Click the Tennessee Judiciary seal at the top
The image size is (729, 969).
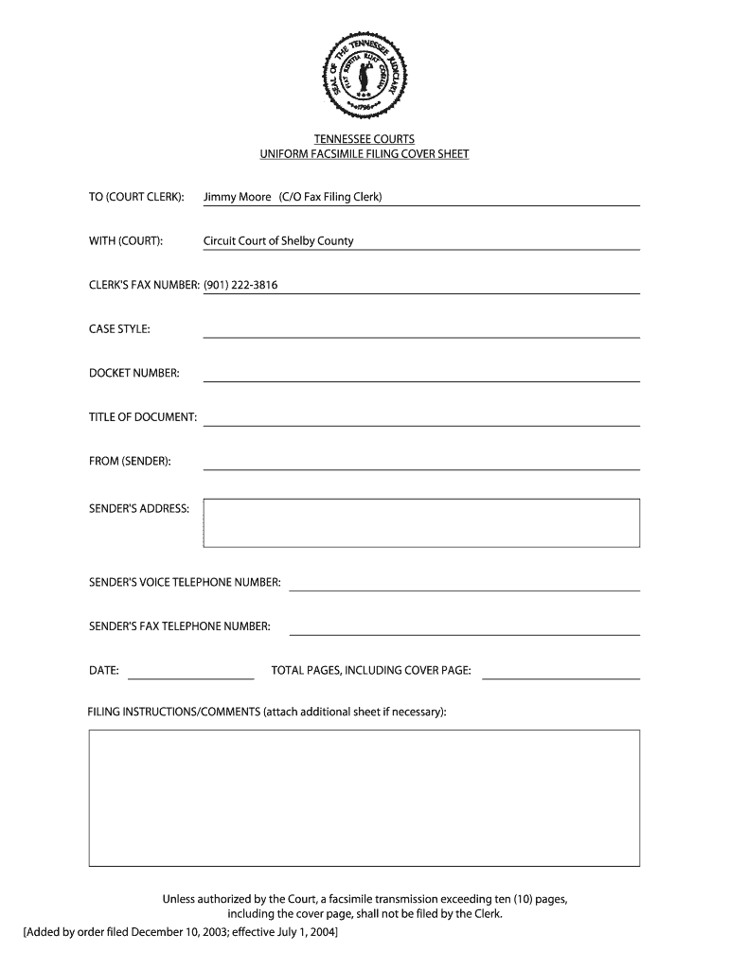pos(364,72)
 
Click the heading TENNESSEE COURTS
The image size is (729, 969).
pos(364,139)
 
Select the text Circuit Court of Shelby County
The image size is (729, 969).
pos(278,240)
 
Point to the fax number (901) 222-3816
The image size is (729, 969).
pos(240,285)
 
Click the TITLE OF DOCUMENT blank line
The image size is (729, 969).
pos(421,423)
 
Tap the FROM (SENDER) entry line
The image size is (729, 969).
pos(421,467)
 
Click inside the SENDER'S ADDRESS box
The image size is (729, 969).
pos(421,522)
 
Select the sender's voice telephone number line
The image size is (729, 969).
pos(464,588)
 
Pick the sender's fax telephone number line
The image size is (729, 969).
pos(464,632)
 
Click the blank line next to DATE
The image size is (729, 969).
pos(190,677)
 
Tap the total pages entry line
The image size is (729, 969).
pos(561,677)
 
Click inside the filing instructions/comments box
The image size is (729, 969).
pos(364,797)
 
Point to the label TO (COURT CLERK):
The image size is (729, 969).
pos(136,197)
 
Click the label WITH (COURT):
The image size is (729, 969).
pos(126,241)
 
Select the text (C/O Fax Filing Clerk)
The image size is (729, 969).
pos(330,197)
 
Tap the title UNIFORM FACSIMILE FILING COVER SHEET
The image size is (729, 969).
pos(364,153)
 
